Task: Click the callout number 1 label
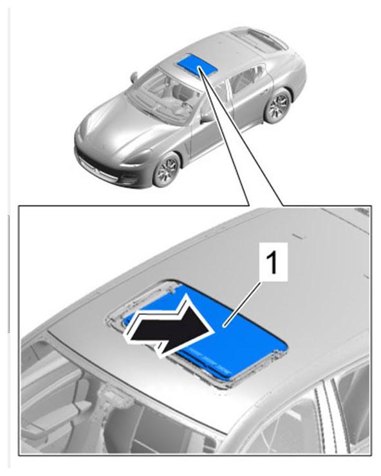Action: pyautogui.click(x=273, y=262)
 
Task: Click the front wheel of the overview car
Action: pyautogui.click(x=167, y=169)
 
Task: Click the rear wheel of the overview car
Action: pyautogui.click(x=277, y=105)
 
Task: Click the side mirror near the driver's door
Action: pyautogui.click(x=207, y=117)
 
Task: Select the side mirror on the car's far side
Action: pyautogui.click(x=134, y=77)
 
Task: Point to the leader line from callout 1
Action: pyautogui.click(x=242, y=304)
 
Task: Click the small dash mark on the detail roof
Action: pyautogui.click(x=300, y=236)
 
